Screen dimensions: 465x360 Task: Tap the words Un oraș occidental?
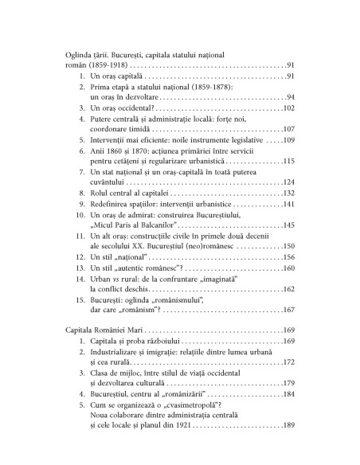[124, 107]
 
